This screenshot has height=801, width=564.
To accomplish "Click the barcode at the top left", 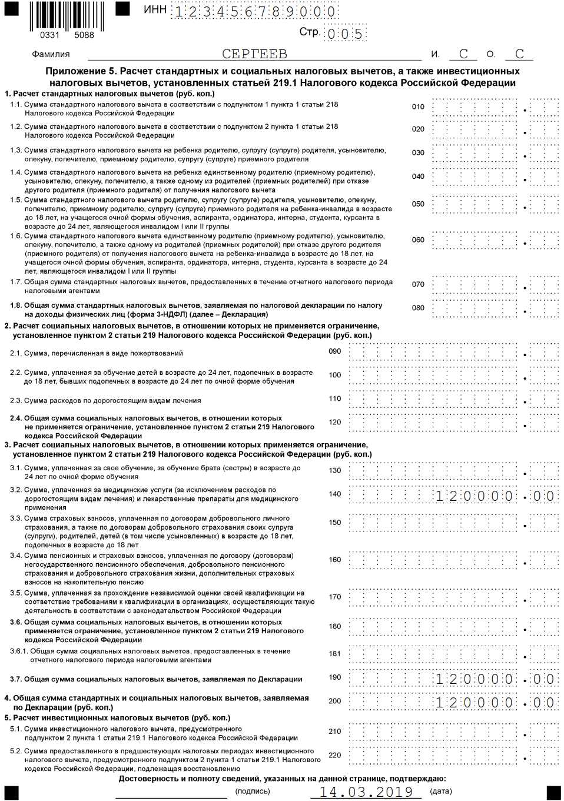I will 67,16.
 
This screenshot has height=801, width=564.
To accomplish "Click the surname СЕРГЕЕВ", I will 254,54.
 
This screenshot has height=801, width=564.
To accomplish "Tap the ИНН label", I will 155,10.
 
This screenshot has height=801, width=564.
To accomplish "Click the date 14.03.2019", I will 366,792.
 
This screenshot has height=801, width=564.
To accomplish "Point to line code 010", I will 418,107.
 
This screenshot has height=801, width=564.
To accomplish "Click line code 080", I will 418,308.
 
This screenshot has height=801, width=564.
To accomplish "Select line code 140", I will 335,494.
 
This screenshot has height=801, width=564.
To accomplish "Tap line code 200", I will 335,701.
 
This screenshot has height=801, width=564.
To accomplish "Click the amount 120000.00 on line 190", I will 494,679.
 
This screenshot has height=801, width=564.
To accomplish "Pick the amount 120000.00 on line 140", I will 494,496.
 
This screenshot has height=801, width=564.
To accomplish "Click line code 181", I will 335,654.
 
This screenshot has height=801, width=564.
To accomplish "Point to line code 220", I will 335,755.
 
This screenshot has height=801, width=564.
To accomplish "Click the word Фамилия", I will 51,54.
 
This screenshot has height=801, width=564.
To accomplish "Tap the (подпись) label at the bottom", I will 253,791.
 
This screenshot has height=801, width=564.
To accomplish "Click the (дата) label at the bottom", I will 441,791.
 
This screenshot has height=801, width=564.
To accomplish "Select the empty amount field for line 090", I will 453,353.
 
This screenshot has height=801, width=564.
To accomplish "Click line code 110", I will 335,399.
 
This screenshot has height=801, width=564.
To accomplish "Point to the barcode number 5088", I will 84,35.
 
